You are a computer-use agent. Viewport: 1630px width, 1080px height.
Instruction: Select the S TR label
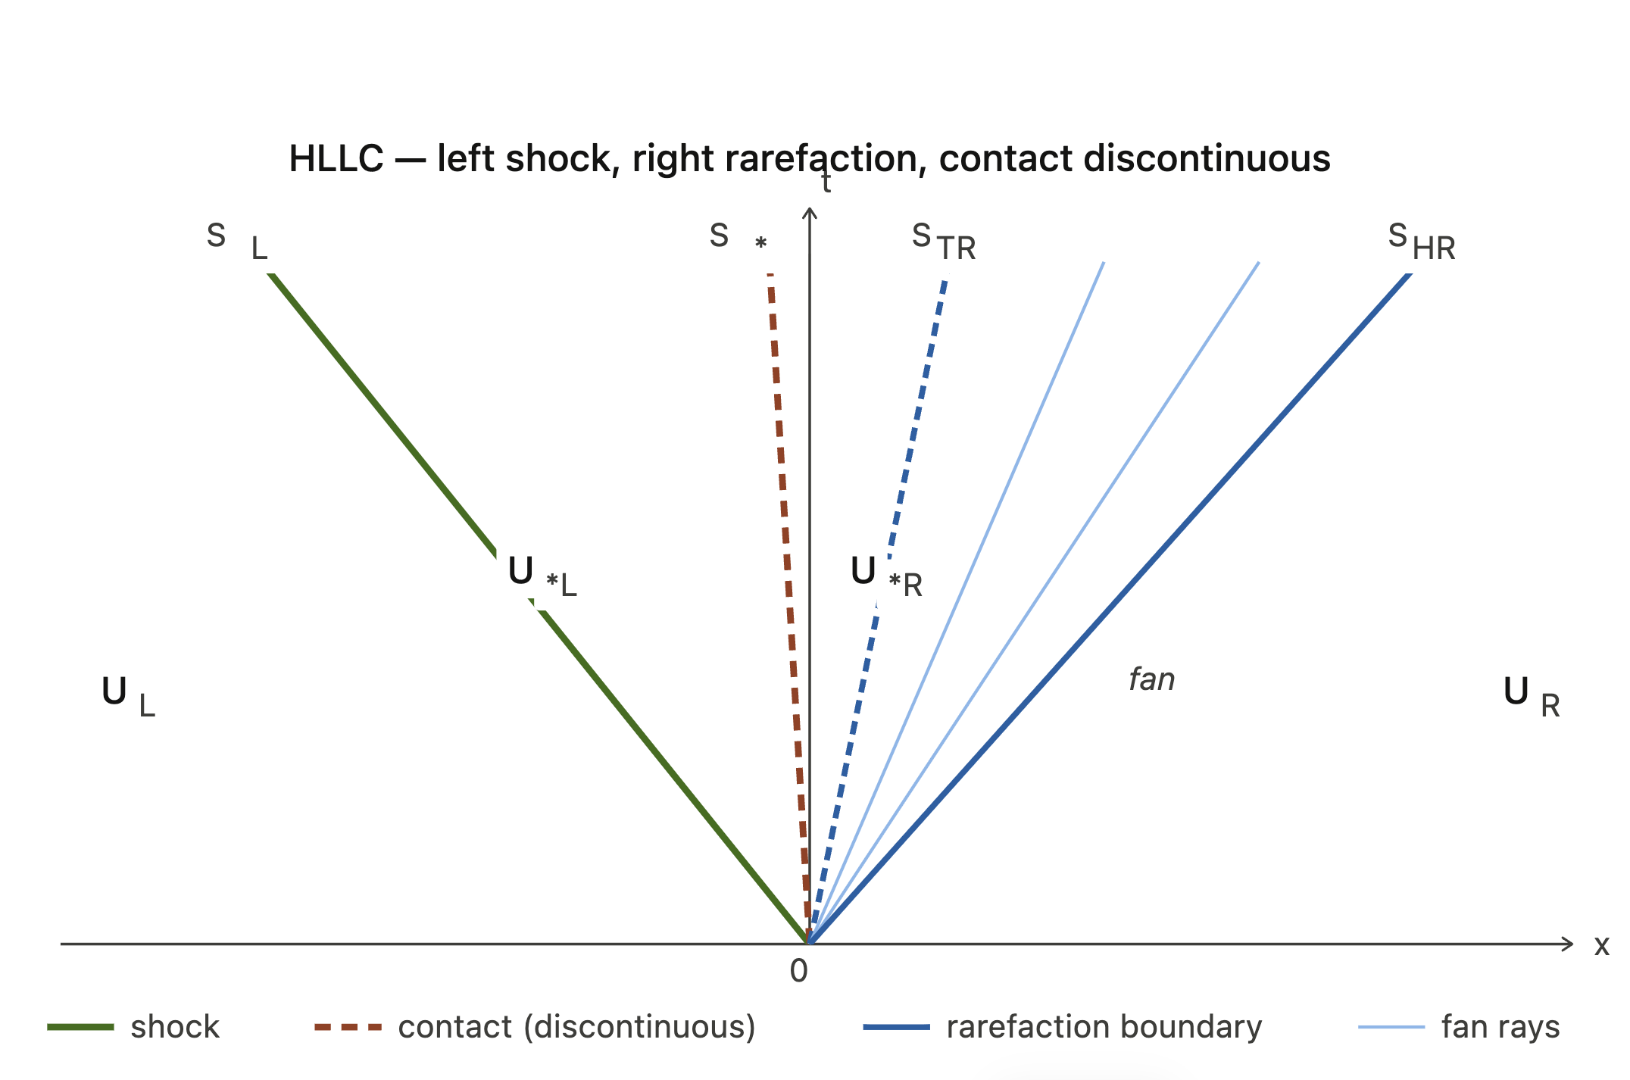[x=943, y=242]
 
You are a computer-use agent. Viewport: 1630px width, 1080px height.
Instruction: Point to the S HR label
[x=1421, y=242]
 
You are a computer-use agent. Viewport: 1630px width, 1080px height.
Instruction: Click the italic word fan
[x=1151, y=679]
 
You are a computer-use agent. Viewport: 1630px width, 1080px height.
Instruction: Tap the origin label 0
[x=798, y=971]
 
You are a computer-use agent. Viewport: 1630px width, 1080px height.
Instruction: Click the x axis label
[x=1601, y=945]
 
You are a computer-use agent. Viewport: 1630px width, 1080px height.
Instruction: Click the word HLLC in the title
[x=336, y=159]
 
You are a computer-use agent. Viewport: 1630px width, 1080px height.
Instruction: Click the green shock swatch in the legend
[x=80, y=1027]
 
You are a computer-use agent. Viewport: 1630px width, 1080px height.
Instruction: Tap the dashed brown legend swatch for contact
[x=348, y=1027]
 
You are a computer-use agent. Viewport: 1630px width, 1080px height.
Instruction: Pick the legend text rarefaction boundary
[x=1104, y=1027]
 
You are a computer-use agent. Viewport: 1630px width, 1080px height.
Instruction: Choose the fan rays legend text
[x=1500, y=1027]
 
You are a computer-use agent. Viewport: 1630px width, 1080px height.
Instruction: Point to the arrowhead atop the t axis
[x=809, y=213]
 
